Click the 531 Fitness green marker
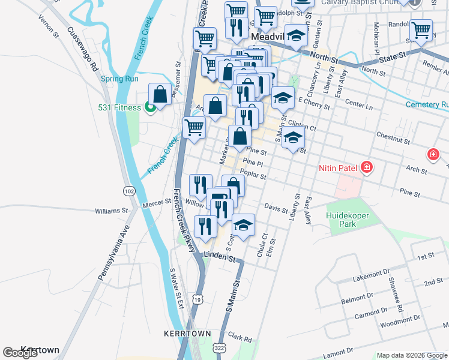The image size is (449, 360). [150, 108]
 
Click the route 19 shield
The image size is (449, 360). [197, 298]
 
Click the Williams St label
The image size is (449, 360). [112, 211]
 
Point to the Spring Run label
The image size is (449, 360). [119, 79]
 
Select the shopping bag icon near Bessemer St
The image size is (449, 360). [160, 94]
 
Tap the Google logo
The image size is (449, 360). [20, 353]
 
